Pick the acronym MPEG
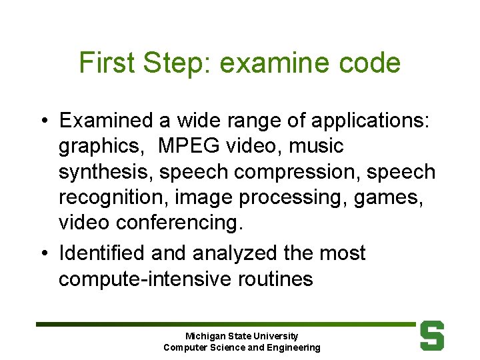(187, 146)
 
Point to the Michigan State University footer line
(241, 336)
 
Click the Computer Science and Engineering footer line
(241, 347)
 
